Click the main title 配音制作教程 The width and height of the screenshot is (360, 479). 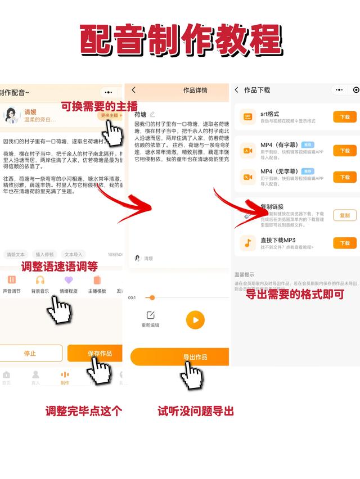[180, 40]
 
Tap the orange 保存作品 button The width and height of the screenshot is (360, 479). [96, 353]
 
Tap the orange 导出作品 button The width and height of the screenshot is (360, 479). [180, 357]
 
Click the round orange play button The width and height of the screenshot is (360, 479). [195, 320]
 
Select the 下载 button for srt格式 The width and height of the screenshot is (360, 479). [345, 117]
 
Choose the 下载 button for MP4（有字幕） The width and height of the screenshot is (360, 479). [345, 151]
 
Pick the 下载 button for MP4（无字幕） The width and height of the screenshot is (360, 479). [345, 177]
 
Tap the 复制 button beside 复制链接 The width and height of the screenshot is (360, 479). [345, 215]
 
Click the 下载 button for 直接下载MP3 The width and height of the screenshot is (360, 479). [345, 243]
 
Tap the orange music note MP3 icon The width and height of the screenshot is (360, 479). [247, 243]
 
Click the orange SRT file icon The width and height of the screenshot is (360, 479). [247, 117]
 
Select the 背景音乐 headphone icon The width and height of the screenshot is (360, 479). [40, 280]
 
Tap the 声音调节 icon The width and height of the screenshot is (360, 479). [11, 280]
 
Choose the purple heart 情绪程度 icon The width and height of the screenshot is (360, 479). [69, 280]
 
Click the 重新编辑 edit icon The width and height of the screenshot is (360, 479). [150, 315]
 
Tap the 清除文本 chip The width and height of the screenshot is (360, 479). [16, 254]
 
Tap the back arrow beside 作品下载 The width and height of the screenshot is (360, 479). [237, 90]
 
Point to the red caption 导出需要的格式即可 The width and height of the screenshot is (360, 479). [295, 293]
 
